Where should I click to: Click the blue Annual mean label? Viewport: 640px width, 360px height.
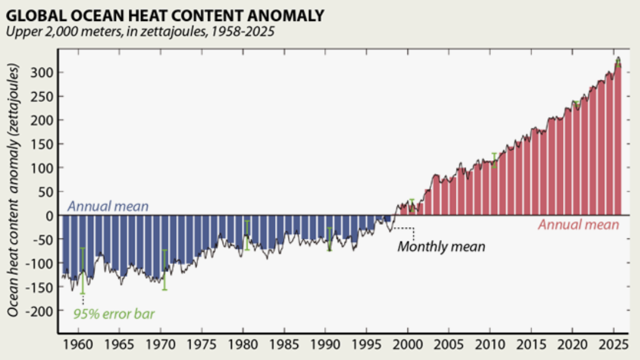(108, 206)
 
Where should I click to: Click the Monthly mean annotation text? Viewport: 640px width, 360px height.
(441, 246)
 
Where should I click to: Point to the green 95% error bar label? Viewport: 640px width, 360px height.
(114, 315)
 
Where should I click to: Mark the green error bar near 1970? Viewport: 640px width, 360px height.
(164, 270)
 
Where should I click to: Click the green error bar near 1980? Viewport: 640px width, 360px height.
(247, 235)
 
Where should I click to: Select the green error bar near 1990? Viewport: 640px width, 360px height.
(329, 239)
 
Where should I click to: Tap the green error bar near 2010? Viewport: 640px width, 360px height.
(494, 160)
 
